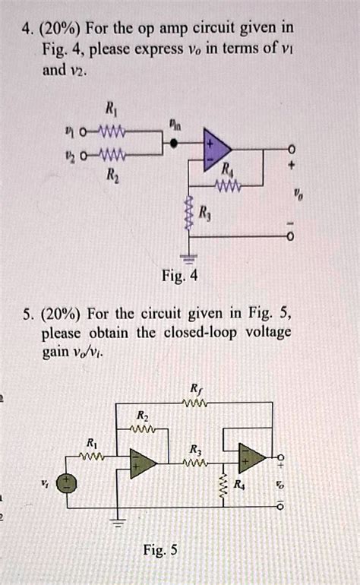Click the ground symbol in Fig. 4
click(185, 258)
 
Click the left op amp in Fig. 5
click(142, 463)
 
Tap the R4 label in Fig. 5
click(240, 484)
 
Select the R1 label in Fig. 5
click(92, 443)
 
